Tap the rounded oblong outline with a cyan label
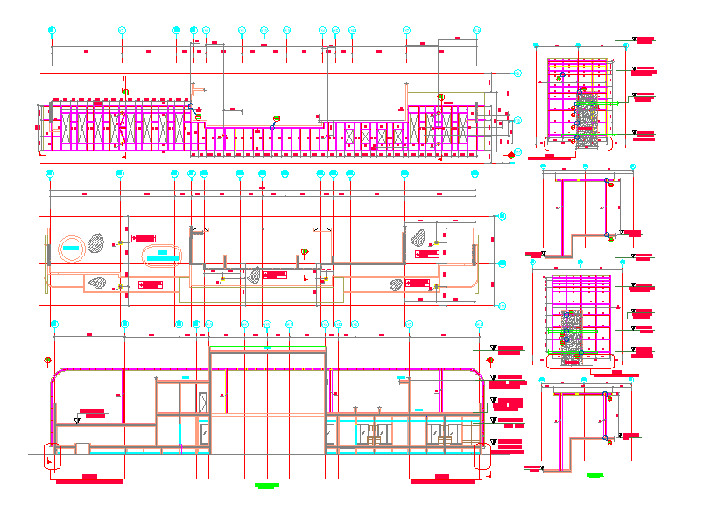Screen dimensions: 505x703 pos(163,254)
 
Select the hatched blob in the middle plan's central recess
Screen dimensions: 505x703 pos(254,276)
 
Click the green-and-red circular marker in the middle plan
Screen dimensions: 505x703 pos(305,252)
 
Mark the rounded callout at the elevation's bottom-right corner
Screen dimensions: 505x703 pos(481,457)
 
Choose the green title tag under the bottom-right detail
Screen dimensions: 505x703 pos(595,475)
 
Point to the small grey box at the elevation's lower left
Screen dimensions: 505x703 pos(82,448)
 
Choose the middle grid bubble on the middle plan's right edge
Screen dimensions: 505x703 pos(502,262)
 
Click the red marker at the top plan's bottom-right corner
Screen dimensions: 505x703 pos(511,156)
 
